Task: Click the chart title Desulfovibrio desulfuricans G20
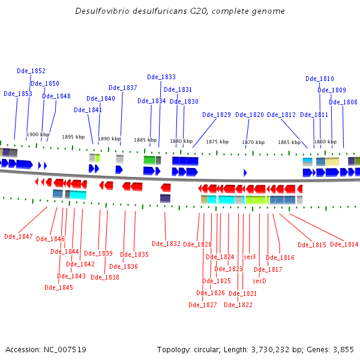click(180, 11)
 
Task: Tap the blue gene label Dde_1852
click(31, 71)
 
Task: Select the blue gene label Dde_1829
click(216, 115)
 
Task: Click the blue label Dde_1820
click(249, 115)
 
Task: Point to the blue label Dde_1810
click(319, 79)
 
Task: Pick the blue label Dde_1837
click(123, 88)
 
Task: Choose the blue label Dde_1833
click(161, 77)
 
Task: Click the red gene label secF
click(250, 257)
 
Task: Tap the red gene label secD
click(259, 281)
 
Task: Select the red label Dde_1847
click(19, 236)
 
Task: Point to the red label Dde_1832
click(166, 244)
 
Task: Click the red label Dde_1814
click(344, 244)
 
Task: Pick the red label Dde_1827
click(203, 305)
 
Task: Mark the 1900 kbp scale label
click(38, 134)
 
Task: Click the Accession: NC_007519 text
click(46, 349)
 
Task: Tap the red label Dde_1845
click(59, 287)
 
